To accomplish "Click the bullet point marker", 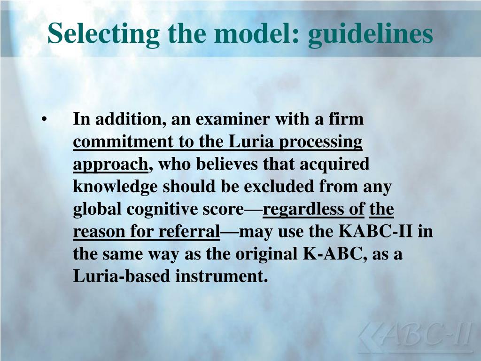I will pyautogui.click(x=44, y=119).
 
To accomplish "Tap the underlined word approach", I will pyautogui.click(x=110, y=165).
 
